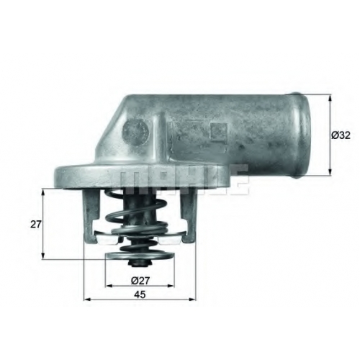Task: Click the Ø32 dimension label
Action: coord(341,135)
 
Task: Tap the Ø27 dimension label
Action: coord(140,280)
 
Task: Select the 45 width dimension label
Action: coord(140,294)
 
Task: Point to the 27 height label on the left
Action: coord(36,225)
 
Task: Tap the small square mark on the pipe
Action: coord(218,132)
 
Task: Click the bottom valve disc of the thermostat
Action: coord(140,255)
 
